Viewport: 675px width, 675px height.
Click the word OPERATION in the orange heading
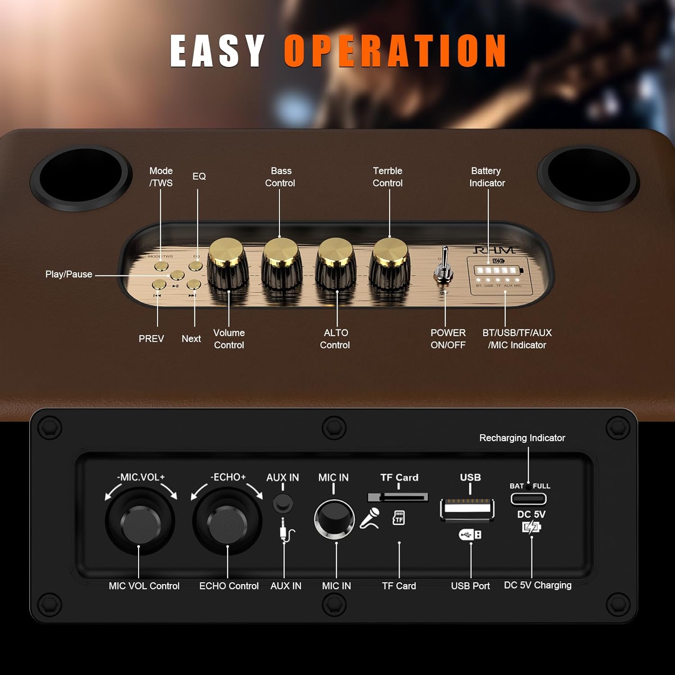click(395, 51)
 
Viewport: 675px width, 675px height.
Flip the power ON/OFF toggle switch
click(444, 268)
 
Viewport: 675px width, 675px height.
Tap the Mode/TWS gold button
click(161, 266)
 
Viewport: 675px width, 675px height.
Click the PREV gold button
click(159, 284)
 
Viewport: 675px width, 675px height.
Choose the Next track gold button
click(193, 284)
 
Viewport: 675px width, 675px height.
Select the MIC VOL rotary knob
click(140, 522)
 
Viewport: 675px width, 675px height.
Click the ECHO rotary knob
click(227, 522)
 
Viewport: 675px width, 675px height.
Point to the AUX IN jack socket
click(283, 503)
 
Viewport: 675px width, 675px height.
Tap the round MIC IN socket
click(334, 517)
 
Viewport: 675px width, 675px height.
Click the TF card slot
click(398, 497)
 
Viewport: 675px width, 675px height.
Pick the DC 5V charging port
click(528, 499)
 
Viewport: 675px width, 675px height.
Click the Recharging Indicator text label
click(522, 438)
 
